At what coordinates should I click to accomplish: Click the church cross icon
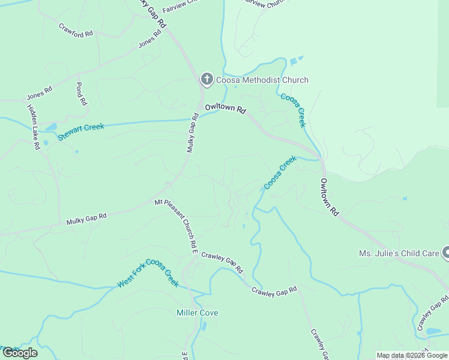(x=206, y=80)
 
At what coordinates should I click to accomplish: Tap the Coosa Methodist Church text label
(x=262, y=80)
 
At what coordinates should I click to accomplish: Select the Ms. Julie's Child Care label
(x=399, y=253)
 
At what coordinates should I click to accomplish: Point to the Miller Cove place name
(x=197, y=313)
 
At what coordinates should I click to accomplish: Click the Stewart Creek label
(x=81, y=131)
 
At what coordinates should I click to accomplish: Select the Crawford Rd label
(x=76, y=30)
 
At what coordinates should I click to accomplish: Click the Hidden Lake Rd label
(x=33, y=127)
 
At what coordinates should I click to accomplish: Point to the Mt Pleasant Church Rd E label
(x=175, y=225)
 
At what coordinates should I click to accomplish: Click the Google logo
(x=20, y=353)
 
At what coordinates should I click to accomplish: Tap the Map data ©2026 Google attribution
(x=412, y=355)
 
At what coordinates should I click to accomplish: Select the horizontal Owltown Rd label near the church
(x=226, y=109)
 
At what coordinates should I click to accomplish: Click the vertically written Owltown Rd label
(x=330, y=197)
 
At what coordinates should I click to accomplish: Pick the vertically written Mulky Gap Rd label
(x=192, y=133)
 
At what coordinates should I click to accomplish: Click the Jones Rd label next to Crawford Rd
(x=150, y=39)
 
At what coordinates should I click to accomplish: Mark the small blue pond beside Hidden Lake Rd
(x=50, y=127)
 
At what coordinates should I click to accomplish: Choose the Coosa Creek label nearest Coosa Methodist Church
(x=294, y=110)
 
